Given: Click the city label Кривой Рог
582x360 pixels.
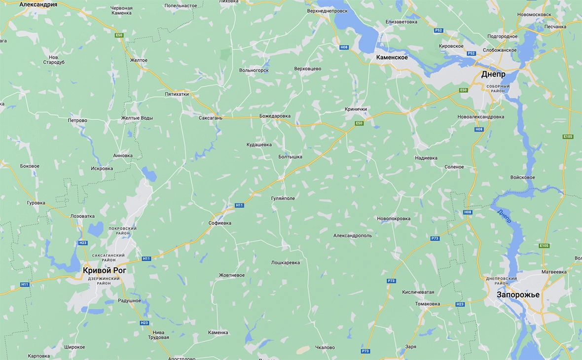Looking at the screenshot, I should (105, 270).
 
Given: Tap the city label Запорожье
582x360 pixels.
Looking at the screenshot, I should (518, 295).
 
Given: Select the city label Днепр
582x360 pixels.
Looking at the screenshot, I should (493, 74).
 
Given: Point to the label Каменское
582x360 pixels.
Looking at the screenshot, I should (392, 58).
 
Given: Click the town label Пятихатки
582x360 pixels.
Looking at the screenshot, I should (177, 94).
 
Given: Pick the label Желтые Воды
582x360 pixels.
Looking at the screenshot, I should (137, 118).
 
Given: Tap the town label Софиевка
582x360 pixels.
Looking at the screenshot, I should (219, 223).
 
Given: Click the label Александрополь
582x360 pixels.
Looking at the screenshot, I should (353, 236).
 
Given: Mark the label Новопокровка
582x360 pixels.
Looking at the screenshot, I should (393, 218).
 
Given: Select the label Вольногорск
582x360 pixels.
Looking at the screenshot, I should (254, 71).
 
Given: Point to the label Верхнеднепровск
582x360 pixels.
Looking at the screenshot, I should (327, 10).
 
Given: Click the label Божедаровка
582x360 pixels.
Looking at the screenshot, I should (275, 116).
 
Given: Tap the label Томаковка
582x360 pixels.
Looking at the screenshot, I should (427, 304).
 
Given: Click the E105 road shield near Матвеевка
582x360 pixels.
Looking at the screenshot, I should (544, 246).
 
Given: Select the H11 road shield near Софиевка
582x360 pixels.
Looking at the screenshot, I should (239, 205).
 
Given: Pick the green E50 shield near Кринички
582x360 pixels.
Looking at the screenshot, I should (359, 123).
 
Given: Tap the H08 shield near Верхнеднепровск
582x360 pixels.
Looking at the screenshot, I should (344, 47).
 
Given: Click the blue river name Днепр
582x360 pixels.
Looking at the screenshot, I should (505, 216).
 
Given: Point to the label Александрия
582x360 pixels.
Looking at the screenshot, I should (38, 4).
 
